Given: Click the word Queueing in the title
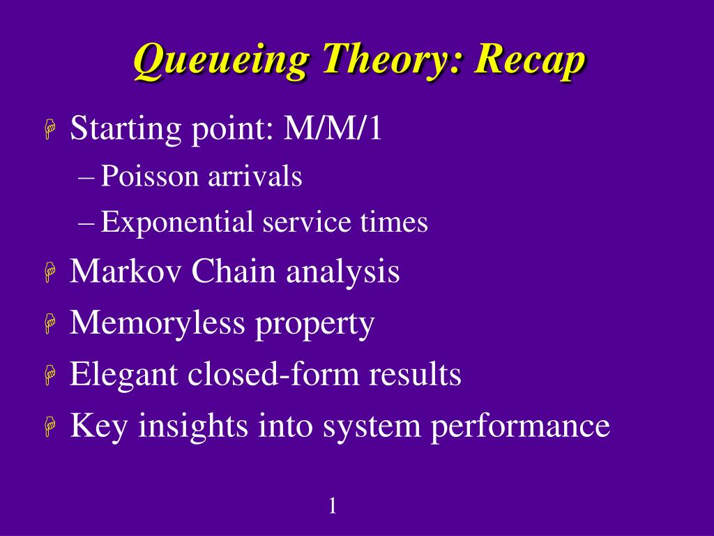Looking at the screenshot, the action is point(221,61).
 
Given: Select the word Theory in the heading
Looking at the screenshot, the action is point(392,61).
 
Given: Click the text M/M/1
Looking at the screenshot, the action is point(333,128).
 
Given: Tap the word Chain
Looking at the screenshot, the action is point(234,271).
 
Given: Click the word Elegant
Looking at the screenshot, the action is point(123,375).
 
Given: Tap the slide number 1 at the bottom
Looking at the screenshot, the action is point(333,506).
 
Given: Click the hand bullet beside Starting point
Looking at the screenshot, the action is point(50,129).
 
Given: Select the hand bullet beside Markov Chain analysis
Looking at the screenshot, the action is point(50,273).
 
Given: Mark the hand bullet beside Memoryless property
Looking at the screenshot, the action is point(50,325).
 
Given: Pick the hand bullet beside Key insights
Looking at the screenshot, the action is point(50,427).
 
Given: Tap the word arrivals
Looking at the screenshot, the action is point(255,176).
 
